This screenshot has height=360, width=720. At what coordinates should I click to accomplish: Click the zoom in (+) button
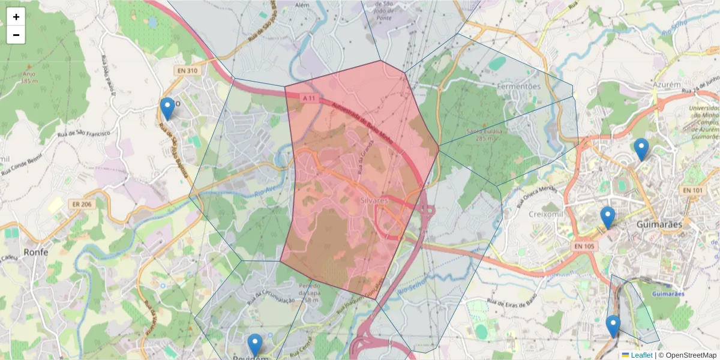[x=16, y=17]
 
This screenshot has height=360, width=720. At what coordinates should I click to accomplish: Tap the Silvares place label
[x=376, y=200]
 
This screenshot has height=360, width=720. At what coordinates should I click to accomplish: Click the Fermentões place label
[x=518, y=86]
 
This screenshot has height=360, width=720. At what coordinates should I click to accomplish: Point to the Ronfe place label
[x=36, y=252]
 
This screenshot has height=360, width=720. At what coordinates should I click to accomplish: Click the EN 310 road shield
[x=187, y=71]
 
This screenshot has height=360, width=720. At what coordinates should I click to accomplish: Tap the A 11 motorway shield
[x=309, y=98]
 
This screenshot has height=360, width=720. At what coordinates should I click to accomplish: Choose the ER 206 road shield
[x=82, y=204]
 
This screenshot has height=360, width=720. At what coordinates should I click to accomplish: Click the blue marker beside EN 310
[x=167, y=109]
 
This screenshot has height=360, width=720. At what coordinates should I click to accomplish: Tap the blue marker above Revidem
[x=255, y=345]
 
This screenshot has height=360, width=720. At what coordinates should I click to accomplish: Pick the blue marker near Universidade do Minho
[x=641, y=149]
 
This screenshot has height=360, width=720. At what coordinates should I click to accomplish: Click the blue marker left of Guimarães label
[x=608, y=217]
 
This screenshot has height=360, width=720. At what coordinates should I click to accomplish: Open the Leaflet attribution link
[x=641, y=355]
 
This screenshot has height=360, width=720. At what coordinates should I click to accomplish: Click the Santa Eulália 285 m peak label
[x=484, y=134]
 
